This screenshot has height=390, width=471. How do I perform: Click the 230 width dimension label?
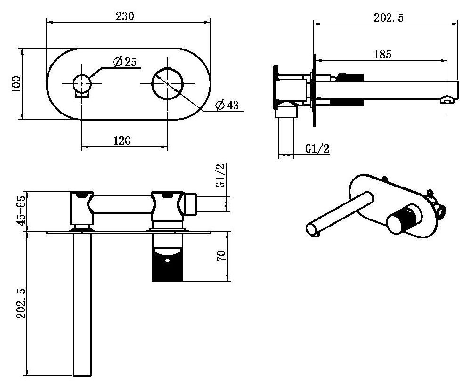click(125, 16)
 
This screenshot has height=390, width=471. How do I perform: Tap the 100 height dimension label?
click(16, 84)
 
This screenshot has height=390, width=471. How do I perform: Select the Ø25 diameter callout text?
click(125, 62)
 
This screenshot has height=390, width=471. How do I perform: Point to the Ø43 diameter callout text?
click(227, 105)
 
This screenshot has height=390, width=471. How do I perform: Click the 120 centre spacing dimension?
click(122, 140)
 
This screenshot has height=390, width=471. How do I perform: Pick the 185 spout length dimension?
click(382, 54)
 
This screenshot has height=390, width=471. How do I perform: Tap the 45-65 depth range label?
click(21, 211)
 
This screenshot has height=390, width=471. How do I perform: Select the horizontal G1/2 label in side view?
click(317, 148)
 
